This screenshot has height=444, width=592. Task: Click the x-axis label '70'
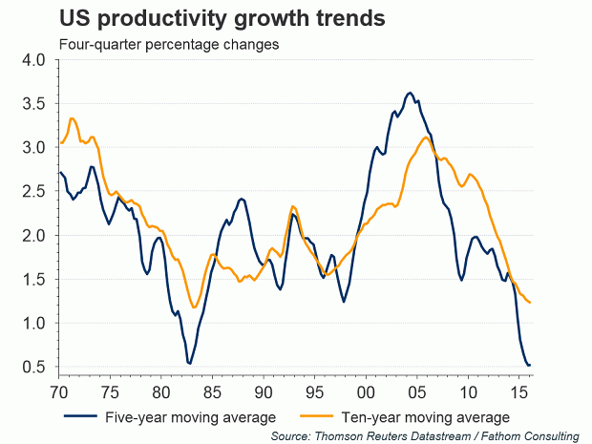(x=60, y=391)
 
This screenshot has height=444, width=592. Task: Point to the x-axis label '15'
(x=519, y=391)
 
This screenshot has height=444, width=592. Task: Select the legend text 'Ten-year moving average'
(x=429, y=417)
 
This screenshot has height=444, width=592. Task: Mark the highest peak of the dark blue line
(x=410, y=93)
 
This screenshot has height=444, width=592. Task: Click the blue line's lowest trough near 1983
(x=189, y=364)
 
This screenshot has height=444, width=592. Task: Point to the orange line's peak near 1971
(x=72, y=118)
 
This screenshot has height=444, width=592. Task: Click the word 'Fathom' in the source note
(x=501, y=435)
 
